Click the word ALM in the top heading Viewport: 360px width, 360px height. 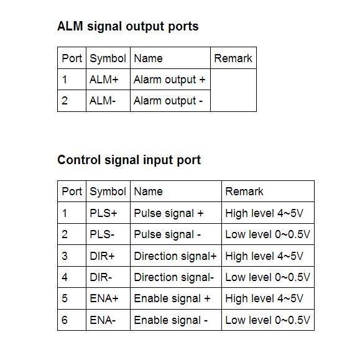click(x=70, y=26)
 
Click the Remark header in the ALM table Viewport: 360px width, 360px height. click(x=233, y=58)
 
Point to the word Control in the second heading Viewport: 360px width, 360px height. click(x=79, y=160)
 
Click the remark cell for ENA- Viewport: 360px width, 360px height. click(x=267, y=320)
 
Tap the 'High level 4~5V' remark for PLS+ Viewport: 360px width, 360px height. click(x=264, y=213)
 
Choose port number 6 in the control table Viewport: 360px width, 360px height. click(x=65, y=320)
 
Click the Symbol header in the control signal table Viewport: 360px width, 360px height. click(x=108, y=192)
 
